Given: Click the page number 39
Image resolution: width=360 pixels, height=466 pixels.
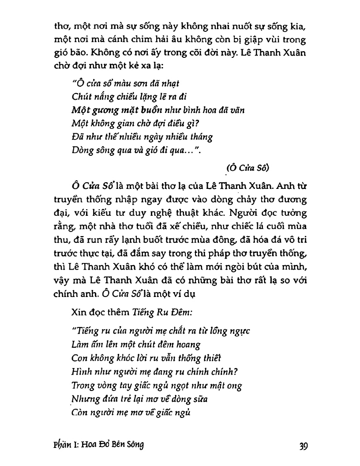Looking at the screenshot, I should coord(303,446).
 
